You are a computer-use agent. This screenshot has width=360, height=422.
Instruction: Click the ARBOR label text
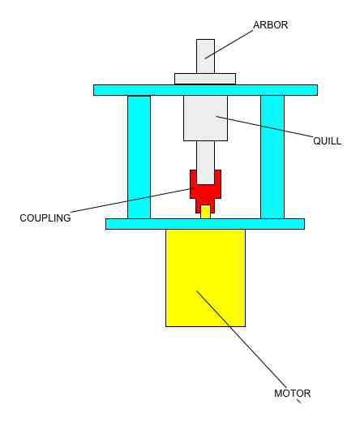pos(270,25)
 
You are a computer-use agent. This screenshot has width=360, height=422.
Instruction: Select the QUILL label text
pos(327,141)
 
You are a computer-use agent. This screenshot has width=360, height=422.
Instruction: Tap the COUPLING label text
pos(45,218)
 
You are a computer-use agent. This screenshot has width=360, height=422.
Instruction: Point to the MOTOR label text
pos(292,394)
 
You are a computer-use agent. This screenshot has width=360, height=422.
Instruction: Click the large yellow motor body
pos(205,278)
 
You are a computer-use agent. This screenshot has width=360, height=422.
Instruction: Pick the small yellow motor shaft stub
pos(205,212)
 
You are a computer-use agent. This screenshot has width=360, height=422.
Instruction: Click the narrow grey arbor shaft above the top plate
pos(205,56)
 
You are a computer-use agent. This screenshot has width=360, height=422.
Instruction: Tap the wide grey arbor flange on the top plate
pos(205,79)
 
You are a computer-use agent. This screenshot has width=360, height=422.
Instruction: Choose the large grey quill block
pos(205,118)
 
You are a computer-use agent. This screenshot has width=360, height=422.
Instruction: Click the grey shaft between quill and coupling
pos(205,162)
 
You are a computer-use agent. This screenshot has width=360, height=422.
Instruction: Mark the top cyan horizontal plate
pos(205,90)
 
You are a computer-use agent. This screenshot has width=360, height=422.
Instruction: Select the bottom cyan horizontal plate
pos(205,224)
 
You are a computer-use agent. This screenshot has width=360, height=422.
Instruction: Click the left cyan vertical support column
pos(139,157)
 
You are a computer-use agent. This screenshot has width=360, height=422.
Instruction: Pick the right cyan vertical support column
pos(272,157)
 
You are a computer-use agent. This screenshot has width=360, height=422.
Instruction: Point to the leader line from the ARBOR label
pos(229,44)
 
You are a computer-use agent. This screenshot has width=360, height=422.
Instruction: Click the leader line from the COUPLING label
pos(131,200)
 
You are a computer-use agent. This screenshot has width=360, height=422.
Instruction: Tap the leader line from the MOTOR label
pos(241,339)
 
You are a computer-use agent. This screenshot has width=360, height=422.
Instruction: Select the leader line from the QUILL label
pos(265,127)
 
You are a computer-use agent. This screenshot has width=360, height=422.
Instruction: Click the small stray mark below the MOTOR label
pos(298,401)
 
